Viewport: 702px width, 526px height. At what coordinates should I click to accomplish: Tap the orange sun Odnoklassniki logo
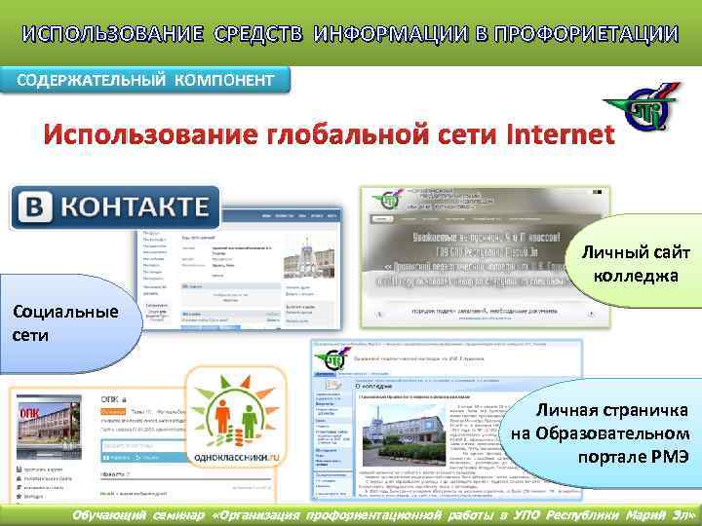(231, 403)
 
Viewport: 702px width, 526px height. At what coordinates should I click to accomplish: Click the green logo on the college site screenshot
(389, 201)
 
